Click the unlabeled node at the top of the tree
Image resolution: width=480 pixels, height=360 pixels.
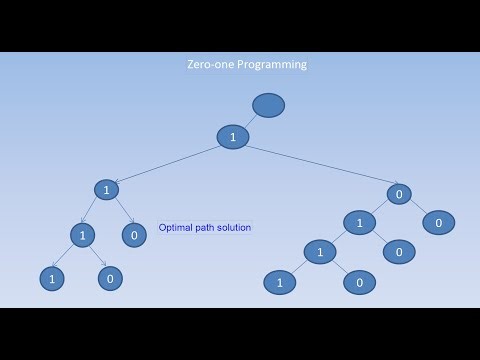(269, 105)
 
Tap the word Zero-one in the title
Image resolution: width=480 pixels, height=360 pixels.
(207, 64)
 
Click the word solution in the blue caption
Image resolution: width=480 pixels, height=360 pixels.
(231, 228)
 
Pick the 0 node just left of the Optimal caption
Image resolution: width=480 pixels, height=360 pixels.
(134, 235)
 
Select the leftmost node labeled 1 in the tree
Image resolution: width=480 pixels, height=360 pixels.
(52, 278)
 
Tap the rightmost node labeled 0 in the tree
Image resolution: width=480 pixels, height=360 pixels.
(437, 222)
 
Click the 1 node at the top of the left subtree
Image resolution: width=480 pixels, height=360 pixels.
(106, 189)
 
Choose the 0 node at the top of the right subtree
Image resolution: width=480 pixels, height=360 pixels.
(399, 194)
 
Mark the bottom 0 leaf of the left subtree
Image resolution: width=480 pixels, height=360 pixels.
(110, 278)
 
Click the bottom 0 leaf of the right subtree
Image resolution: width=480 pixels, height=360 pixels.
(359, 283)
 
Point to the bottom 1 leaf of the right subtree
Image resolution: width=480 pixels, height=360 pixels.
(280, 283)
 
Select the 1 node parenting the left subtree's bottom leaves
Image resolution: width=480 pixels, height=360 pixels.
(82, 235)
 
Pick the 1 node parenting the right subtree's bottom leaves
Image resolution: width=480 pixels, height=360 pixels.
(320, 252)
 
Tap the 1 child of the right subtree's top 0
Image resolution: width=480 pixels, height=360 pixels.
(359, 222)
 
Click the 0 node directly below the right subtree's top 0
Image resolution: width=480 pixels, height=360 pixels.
(398, 252)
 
